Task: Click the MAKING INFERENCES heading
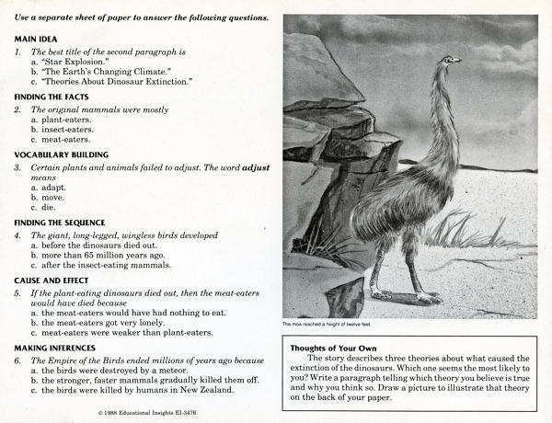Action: [56, 349]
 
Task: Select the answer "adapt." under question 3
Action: [53, 189]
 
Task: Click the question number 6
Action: [18, 361]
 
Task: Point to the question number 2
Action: [18, 109]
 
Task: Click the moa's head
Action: [449, 61]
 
